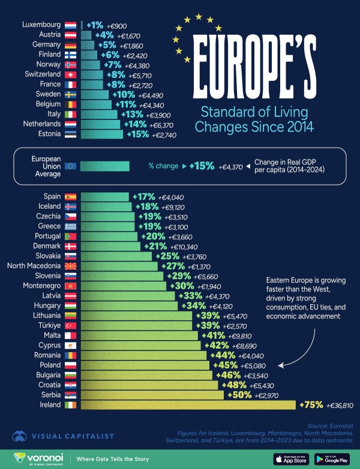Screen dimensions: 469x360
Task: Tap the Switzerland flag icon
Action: click(70, 74)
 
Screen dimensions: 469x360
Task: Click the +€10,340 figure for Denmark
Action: click(177, 246)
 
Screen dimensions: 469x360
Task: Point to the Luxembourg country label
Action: click(41, 25)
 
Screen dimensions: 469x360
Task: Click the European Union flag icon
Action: click(70, 166)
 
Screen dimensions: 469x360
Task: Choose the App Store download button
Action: click(290, 459)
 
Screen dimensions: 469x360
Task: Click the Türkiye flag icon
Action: click(70, 325)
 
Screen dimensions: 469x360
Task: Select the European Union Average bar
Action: click(105, 166)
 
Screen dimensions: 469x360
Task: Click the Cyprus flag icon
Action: click(70, 345)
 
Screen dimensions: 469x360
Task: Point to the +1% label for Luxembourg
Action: click(95, 25)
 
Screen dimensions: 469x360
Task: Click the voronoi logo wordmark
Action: click(41, 457)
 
